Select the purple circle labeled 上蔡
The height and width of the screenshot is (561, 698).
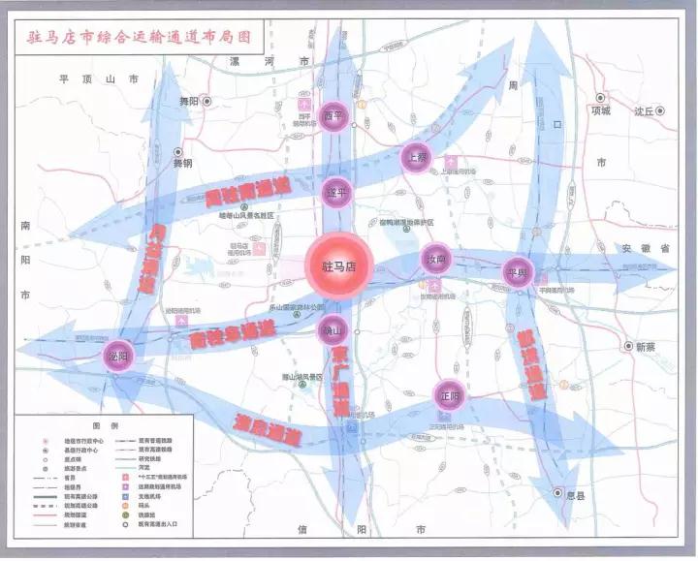click(416, 157)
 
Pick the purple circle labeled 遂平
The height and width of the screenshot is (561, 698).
click(336, 192)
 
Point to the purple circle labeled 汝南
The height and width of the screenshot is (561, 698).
click(436, 259)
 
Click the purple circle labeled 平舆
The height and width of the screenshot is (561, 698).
click(517, 272)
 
